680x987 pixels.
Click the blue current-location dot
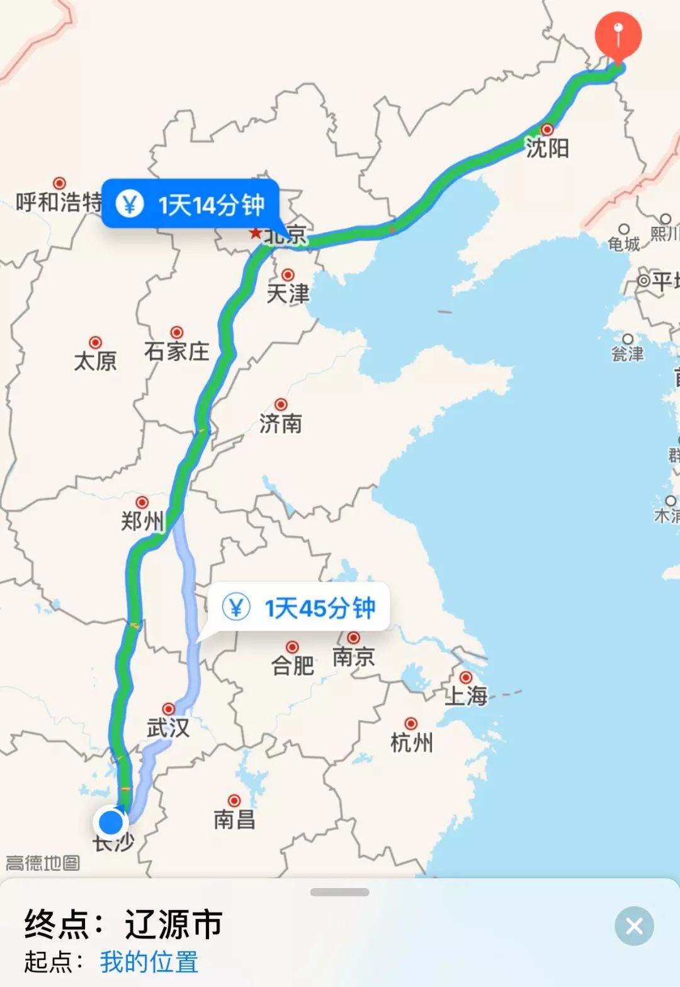coord(111,822)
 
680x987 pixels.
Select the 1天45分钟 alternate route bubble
coord(299,608)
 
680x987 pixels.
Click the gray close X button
coord(634,925)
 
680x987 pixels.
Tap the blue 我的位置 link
coord(149,962)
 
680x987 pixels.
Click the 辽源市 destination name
coord(174,925)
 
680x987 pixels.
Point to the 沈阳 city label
coord(547,148)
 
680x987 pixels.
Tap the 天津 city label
coord(288,293)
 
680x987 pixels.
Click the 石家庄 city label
coord(176,350)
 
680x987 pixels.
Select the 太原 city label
coord(96,361)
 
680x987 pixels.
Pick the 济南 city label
coord(281,423)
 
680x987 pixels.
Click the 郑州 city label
coord(142,521)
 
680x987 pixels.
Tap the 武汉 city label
coord(168,728)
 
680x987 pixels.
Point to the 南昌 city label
coord(234,819)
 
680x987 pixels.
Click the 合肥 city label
coord(293,665)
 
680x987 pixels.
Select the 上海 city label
coord(466,695)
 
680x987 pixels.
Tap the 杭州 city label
coord(411,742)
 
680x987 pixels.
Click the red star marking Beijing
coord(255,233)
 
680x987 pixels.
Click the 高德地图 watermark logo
coord(43,862)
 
